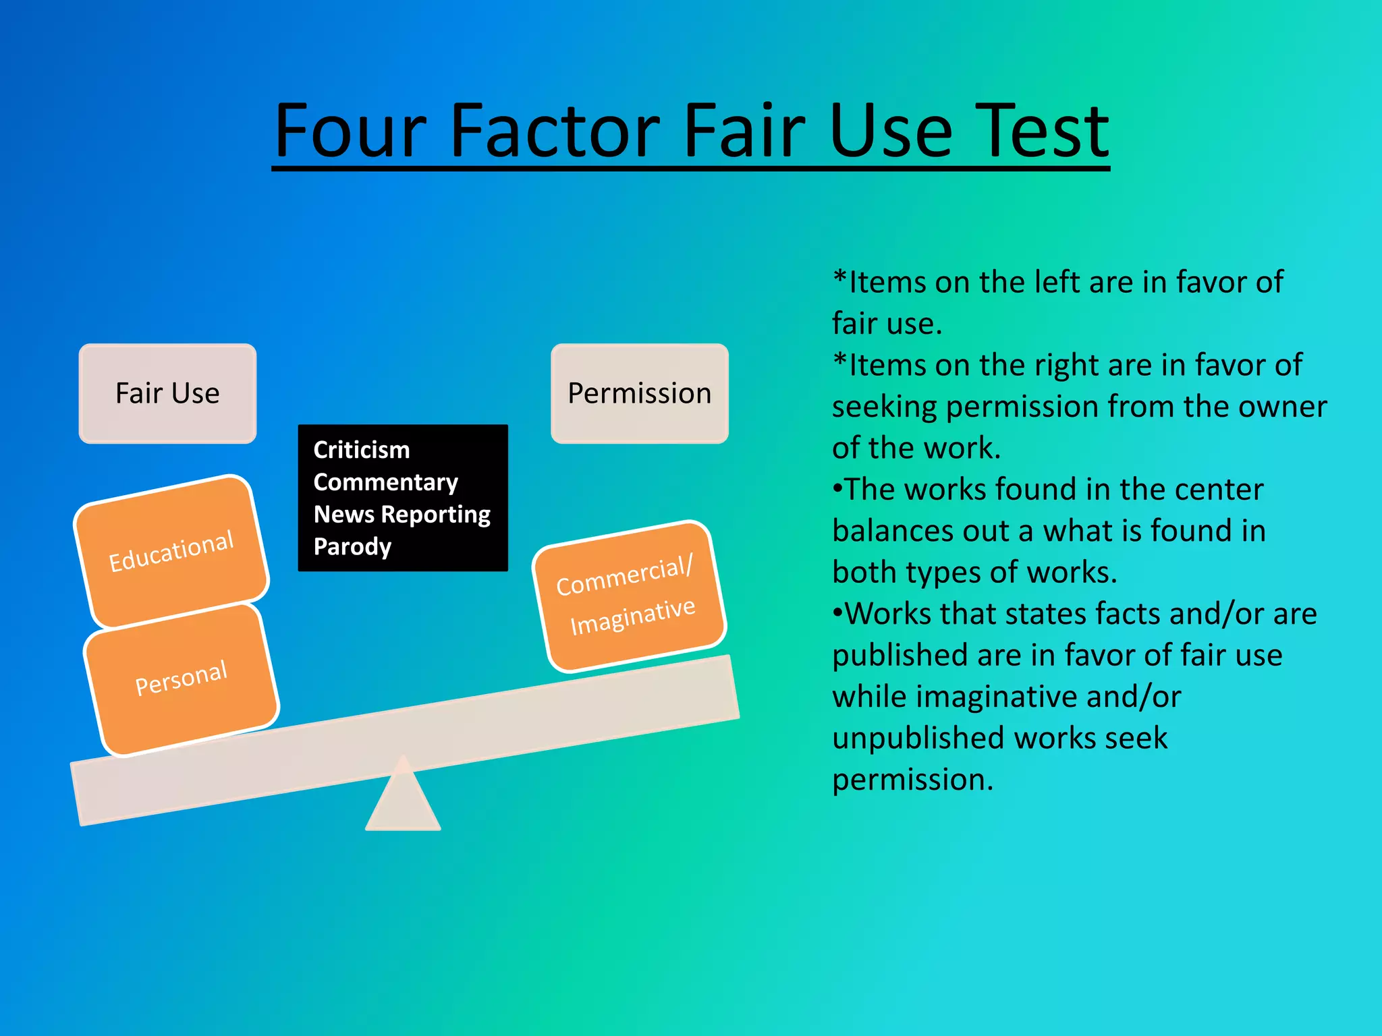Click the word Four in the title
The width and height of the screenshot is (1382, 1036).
[x=351, y=132]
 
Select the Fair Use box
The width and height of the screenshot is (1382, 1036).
[x=167, y=393]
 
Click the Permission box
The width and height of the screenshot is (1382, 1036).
[x=639, y=393]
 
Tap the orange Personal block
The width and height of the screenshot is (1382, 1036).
[x=182, y=679]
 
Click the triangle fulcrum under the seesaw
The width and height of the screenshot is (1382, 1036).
[x=403, y=803]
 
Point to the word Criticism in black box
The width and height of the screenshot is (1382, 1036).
[x=362, y=450]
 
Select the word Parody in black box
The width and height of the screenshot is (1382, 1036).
[x=352, y=546]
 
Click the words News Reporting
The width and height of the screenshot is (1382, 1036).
[x=402, y=515]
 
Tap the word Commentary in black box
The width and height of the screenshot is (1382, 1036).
[x=385, y=482]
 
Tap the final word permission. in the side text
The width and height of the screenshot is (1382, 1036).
[x=912, y=780]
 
